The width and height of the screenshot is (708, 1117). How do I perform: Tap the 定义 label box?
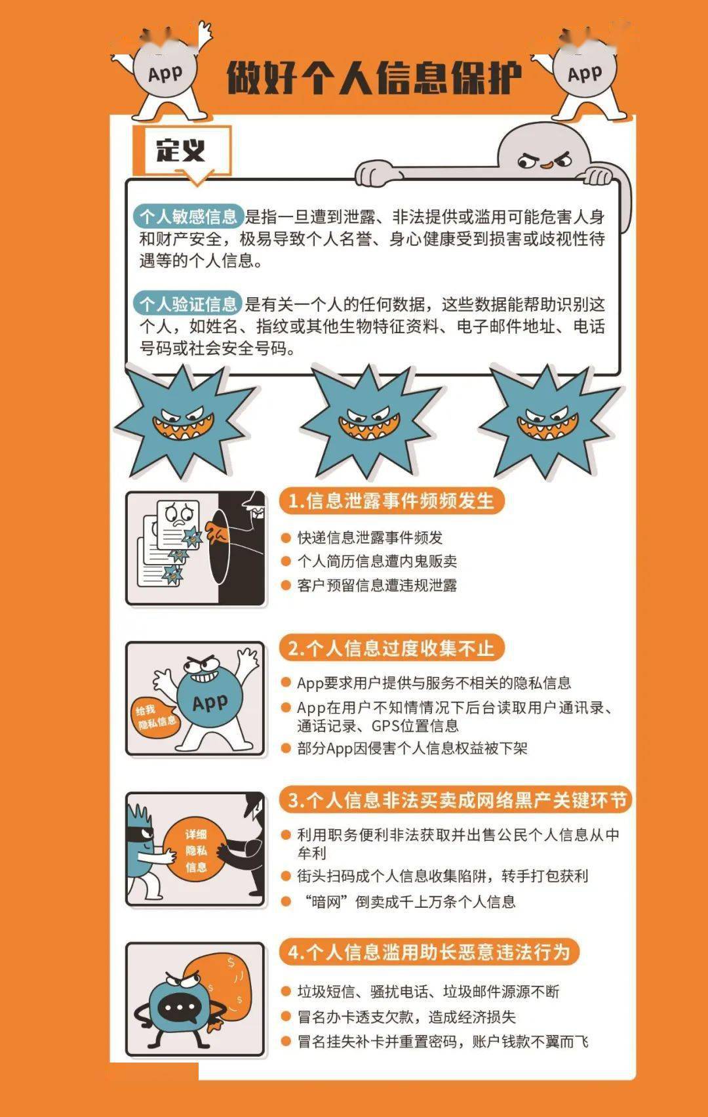click(182, 151)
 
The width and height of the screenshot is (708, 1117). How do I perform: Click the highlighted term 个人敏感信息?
click(188, 216)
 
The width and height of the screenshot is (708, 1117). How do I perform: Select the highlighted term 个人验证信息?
click(188, 304)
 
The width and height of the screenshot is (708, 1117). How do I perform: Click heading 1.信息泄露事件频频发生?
click(391, 501)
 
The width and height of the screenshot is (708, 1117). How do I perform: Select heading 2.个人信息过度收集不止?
click(391, 648)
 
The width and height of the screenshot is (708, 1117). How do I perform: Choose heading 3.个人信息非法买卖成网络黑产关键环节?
click(457, 800)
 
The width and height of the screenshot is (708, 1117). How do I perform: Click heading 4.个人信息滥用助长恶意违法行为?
click(429, 952)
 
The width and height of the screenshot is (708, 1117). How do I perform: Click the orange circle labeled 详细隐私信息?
click(195, 851)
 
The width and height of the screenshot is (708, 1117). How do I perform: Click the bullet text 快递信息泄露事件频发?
click(370, 538)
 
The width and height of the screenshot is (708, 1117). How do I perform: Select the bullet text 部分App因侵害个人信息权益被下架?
click(412, 748)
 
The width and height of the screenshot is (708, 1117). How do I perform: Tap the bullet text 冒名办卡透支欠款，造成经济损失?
click(406, 1017)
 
